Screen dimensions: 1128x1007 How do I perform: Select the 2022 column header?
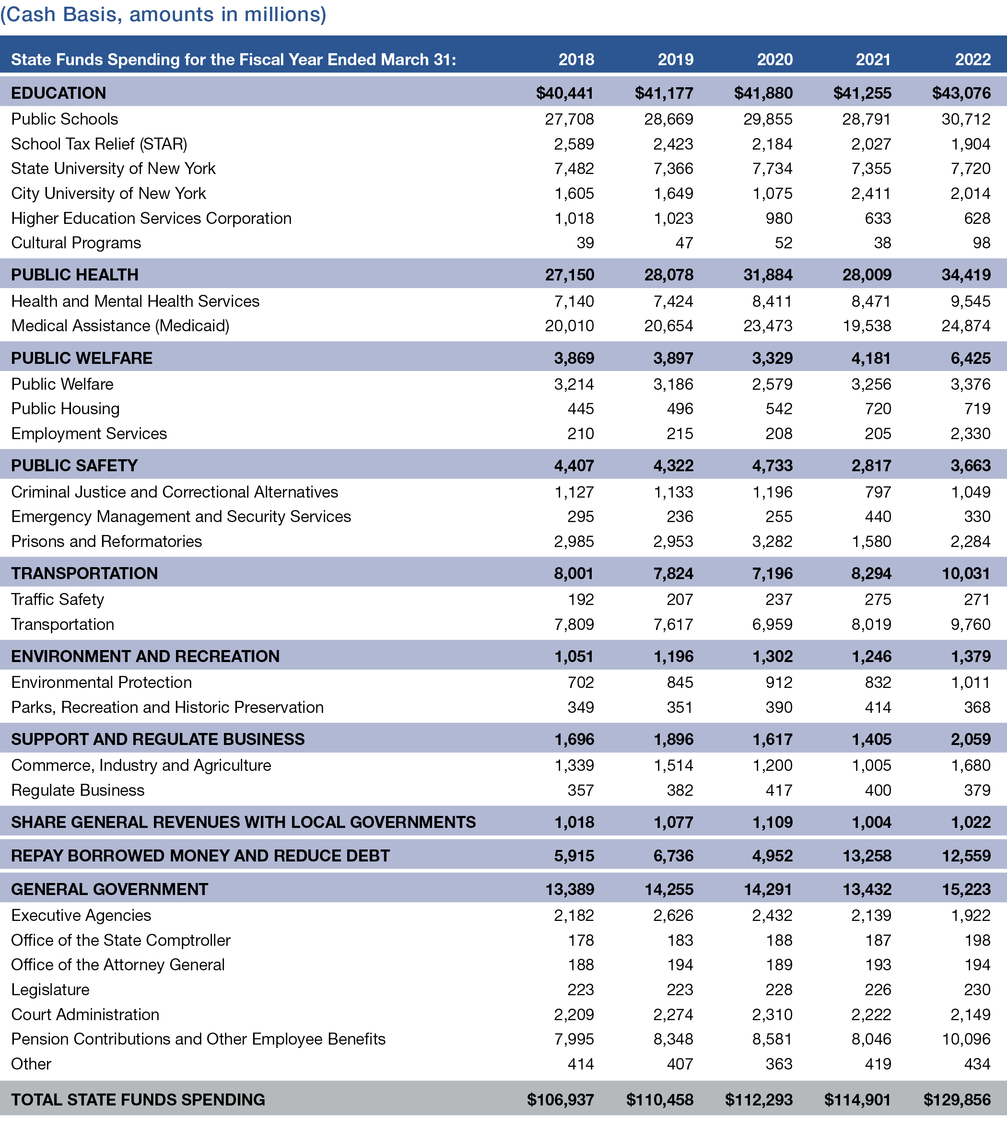click(972, 59)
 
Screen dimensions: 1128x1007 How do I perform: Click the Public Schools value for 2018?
click(569, 119)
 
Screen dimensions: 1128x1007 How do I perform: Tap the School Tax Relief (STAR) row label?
click(99, 144)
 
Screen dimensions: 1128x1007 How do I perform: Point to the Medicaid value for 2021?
click(866, 326)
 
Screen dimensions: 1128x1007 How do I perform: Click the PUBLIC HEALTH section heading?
click(75, 275)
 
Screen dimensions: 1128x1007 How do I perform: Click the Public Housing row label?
click(65, 409)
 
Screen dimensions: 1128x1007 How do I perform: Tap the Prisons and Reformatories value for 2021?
click(871, 541)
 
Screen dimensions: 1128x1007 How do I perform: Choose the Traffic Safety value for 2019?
click(679, 600)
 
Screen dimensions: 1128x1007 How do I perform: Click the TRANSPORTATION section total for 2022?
click(966, 573)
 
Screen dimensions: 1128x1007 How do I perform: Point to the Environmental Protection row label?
click(101, 682)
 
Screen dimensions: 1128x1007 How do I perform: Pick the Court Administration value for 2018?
click(574, 1014)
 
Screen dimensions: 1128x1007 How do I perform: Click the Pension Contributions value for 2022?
click(966, 1039)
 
